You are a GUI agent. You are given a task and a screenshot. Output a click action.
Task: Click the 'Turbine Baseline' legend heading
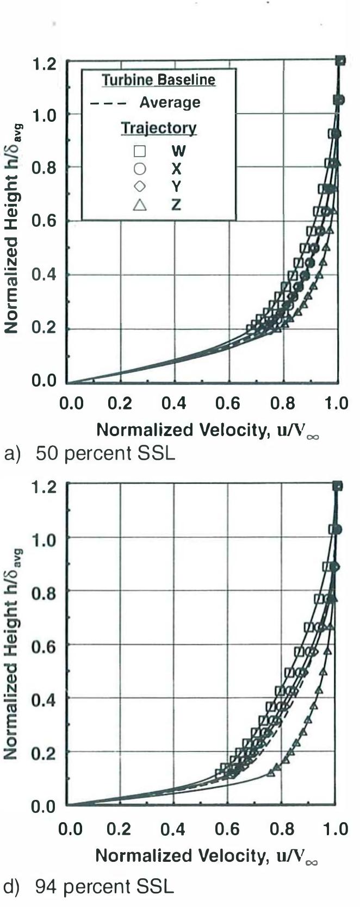(x=159, y=80)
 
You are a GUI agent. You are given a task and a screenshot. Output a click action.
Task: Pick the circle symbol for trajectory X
(x=140, y=169)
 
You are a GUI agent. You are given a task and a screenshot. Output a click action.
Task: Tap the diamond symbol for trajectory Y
(x=140, y=187)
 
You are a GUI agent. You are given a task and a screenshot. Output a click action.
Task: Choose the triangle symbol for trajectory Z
(x=140, y=204)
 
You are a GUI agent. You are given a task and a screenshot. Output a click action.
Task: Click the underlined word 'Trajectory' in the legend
(x=158, y=128)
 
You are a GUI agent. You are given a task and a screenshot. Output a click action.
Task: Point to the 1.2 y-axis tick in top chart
(x=44, y=64)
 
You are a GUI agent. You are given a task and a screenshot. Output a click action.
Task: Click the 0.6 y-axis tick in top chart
(x=44, y=221)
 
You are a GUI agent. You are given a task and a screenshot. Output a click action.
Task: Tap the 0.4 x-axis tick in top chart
(x=173, y=403)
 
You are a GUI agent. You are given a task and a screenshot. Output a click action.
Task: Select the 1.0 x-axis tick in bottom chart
(x=335, y=829)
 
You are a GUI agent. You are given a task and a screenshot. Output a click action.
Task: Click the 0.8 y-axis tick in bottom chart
(x=44, y=592)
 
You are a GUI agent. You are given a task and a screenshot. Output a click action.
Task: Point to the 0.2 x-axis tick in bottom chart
(x=119, y=829)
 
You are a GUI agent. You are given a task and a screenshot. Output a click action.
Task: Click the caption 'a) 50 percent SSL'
(x=90, y=453)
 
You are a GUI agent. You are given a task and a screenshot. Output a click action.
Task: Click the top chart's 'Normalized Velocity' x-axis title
(x=207, y=430)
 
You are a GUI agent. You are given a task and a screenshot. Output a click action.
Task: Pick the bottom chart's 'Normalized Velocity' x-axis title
(x=207, y=856)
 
